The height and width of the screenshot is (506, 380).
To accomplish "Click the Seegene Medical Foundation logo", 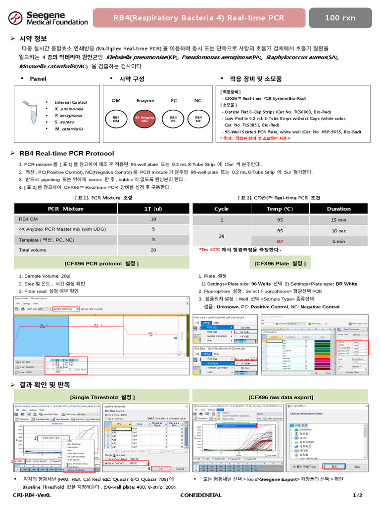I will pos(48,18).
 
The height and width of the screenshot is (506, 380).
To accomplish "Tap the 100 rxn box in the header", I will pos(340,18).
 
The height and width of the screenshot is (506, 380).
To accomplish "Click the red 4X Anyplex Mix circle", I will pos(145,119).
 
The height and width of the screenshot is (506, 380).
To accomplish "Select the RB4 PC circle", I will pos(174,119).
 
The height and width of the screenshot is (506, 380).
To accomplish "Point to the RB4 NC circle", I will pos(198,119).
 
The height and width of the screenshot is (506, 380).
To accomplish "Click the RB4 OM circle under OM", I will pos(116,119).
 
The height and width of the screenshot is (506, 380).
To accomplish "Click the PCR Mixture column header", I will pos(66,209).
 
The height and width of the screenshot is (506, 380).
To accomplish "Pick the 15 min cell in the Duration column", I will pos(338,220).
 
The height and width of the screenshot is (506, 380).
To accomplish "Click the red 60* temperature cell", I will pos(280,241).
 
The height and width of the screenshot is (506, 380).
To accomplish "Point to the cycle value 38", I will pos(222,236).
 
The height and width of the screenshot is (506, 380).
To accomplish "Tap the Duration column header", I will pos(338,209).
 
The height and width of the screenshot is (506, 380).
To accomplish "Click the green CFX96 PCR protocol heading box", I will pos(102,262).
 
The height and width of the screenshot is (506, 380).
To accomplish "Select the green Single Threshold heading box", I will pos(102,397).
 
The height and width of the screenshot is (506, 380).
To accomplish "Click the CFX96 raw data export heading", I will pos(281,397).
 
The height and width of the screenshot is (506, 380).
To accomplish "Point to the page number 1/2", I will pos(357,495).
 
